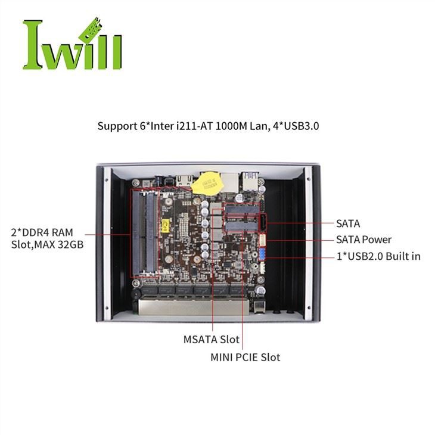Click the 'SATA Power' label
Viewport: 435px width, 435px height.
(363, 240)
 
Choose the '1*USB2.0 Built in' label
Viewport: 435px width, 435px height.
(378, 256)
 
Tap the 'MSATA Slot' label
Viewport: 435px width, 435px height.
(211, 340)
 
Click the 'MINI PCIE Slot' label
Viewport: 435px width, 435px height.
(245, 358)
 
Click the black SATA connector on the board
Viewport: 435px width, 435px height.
(263, 224)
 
